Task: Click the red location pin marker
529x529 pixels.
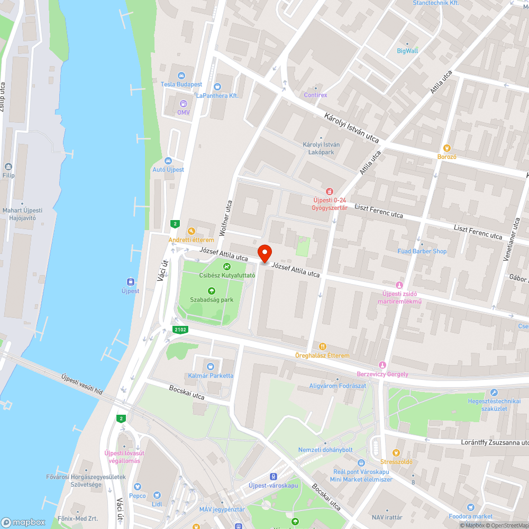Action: (x=264, y=253)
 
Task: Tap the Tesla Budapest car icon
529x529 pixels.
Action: (x=181, y=76)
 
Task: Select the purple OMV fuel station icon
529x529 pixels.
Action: (x=184, y=104)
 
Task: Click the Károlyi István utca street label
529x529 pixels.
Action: (x=352, y=127)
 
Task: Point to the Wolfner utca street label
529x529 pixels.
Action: (x=226, y=217)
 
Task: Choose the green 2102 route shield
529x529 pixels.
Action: (x=180, y=330)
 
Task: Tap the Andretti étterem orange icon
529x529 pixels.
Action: (x=191, y=231)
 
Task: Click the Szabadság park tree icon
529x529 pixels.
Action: (x=212, y=290)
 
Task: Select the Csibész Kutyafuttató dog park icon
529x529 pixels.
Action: (x=227, y=266)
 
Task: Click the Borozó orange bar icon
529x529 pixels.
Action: (x=446, y=148)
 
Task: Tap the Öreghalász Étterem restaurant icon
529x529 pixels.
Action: (x=322, y=346)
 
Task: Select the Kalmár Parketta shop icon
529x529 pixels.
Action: (x=211, y=366)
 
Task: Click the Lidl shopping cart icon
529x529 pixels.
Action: (x=157, y=495)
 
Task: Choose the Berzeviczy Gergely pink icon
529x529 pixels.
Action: (x=382, y=365)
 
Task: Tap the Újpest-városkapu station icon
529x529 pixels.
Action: (x=273, y=477)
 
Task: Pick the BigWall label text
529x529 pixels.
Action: (x=407, y=51)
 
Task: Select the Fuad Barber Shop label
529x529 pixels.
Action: (x=422, y=251)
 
